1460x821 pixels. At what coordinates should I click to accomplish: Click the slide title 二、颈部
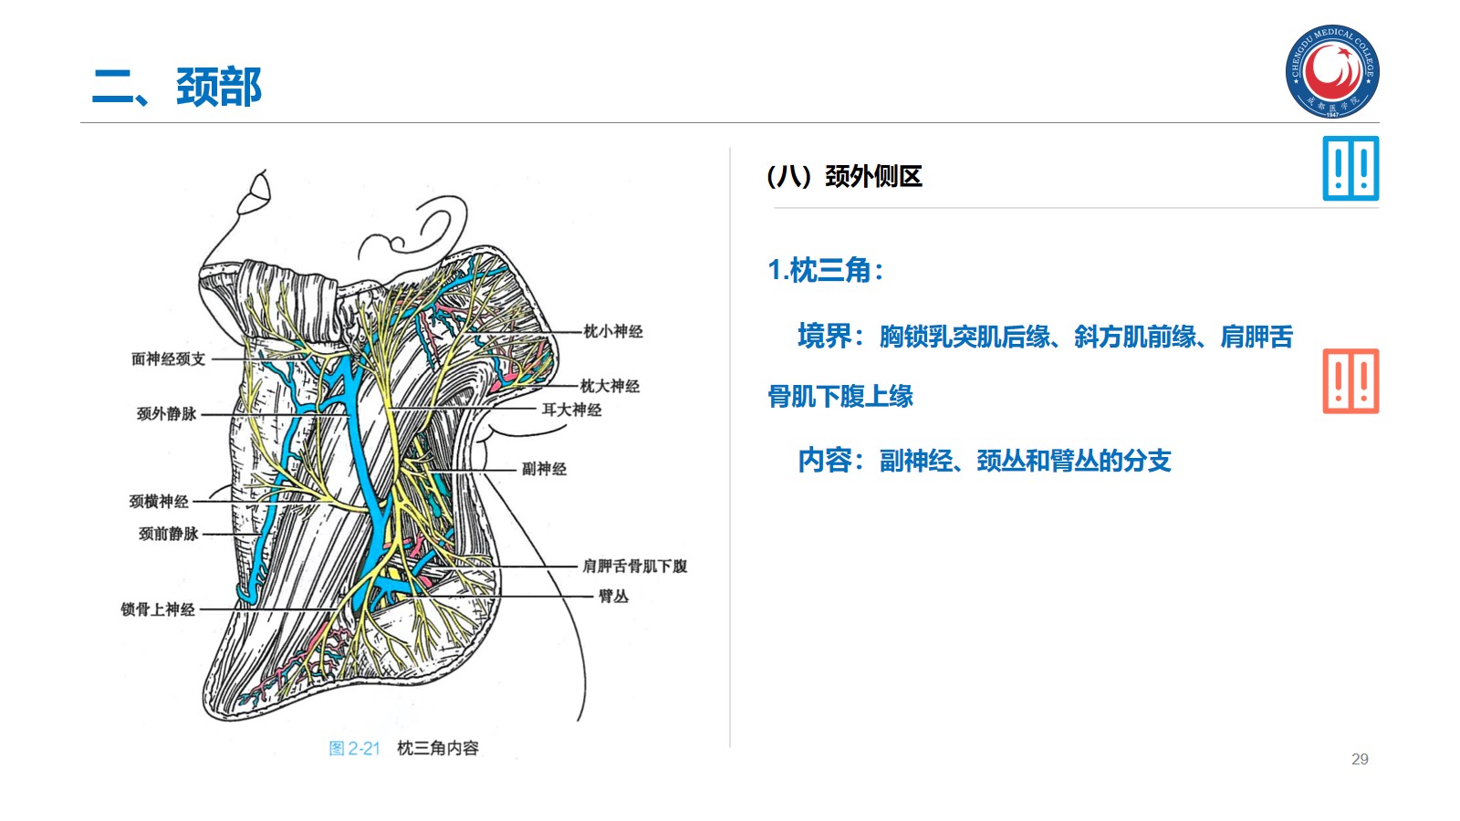click(x=177, y=88)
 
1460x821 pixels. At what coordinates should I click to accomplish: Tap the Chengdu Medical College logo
click(x=1332, y=71)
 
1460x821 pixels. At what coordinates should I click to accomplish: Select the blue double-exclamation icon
click(x=1350, y=169)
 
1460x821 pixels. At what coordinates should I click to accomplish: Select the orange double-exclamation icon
click(x=1350, y=381)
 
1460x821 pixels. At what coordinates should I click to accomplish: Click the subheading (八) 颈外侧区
click(x=845, y=176)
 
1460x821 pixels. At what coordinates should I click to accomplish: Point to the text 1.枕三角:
click(x=826, y=270)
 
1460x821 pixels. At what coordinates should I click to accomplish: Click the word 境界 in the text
click(x=824, y=337)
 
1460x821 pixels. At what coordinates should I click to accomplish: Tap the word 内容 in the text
click(x=824, y=461)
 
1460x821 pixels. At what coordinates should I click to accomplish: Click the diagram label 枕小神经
click(x=613, y=331)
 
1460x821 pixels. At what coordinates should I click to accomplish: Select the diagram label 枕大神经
click(x=610, y=386)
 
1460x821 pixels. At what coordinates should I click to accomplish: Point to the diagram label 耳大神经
click(x=572, y=410)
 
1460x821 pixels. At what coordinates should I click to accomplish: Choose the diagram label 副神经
click(x=544, y=469)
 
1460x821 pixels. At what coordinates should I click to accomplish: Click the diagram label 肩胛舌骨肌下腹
click(x=635, y=566)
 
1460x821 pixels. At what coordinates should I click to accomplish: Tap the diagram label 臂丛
click(x=613, y=597)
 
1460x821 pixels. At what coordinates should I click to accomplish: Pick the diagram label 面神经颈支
click(x=169, y=359)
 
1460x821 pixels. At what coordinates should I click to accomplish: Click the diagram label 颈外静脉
click(x=167, y=414)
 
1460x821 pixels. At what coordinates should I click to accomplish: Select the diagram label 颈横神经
click(x=159, y=502)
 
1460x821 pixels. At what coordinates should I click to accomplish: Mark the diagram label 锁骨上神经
click(x=158, y=609)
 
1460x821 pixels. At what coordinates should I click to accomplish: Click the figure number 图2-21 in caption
click(x=354, y=749)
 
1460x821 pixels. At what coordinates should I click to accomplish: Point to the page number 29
click(x=1360, y=759)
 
